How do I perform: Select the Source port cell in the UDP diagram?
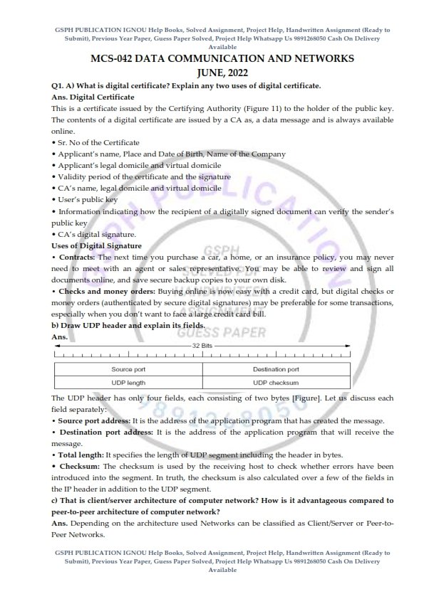tap(128, 369)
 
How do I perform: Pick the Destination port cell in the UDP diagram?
tap(276, 369)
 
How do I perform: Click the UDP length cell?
tap(128, 383)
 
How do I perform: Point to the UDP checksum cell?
tap(276, 383)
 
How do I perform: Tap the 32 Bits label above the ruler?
tap(202, 344)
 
